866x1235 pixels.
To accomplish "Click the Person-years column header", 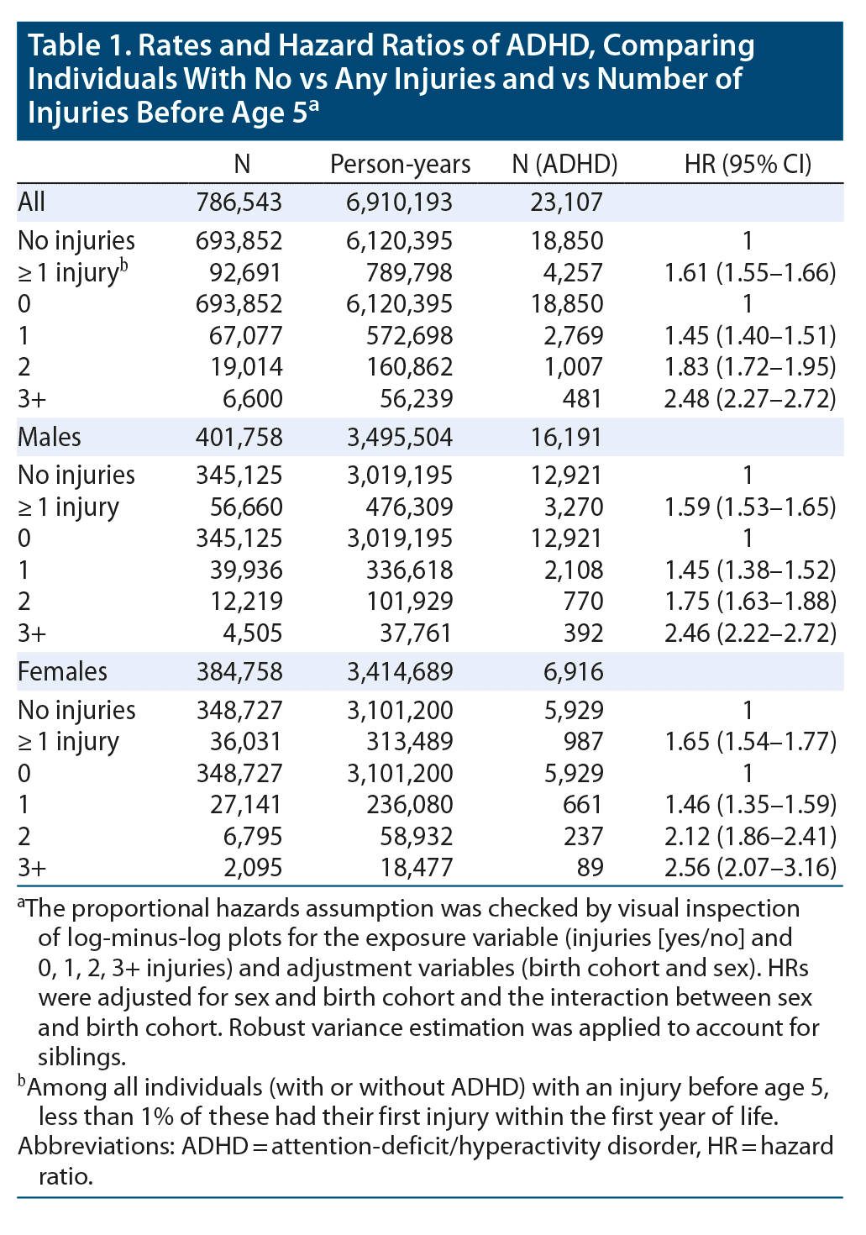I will [400, 164].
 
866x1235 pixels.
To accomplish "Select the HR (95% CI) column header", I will [748, 164].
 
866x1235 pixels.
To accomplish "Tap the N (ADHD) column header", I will [564, 164].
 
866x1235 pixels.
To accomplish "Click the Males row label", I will [50, 437].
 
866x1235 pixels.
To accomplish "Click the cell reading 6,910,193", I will [400, 202].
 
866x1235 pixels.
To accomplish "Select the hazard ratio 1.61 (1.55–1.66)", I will [750, 272].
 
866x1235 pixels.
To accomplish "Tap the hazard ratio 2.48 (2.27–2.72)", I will [750, 397].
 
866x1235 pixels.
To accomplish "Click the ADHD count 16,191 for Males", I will [567, 437].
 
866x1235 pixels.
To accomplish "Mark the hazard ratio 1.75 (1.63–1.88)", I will [750, 602].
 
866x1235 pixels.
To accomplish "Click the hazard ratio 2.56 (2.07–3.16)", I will [750, 867].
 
